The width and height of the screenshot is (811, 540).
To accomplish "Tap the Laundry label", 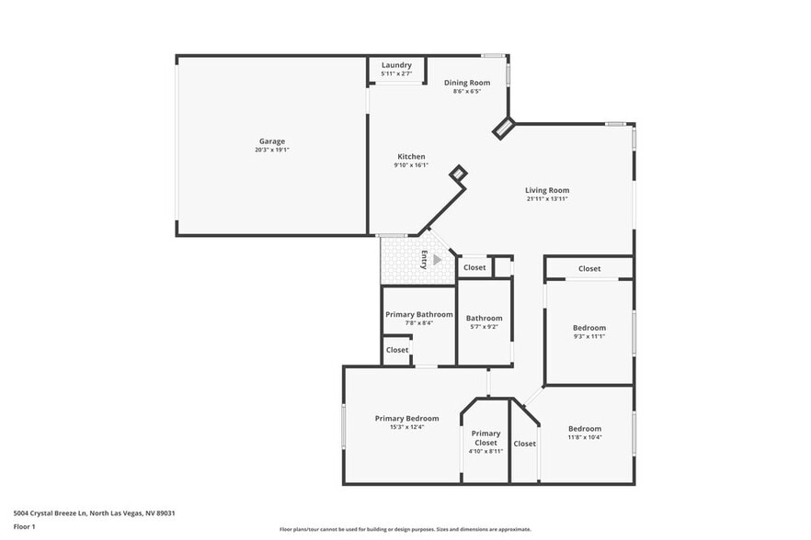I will tap(396, 65).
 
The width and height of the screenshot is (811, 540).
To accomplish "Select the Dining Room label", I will tap(467, 83).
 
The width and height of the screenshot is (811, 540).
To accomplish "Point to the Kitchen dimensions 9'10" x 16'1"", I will tap(411, 165).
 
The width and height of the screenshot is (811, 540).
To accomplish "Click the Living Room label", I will tap(547, 190).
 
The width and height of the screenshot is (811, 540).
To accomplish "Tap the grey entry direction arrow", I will tap(438, 260).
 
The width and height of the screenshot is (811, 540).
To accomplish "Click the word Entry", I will tap(425, 259).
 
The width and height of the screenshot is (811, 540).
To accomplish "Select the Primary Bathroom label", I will tap(418, 315).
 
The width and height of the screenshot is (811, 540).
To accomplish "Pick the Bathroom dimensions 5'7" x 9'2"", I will tap(485, 327).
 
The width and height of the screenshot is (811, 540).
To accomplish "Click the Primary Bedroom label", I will tap(406, 419).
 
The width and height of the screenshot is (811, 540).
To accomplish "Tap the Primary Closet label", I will tap(485, 438).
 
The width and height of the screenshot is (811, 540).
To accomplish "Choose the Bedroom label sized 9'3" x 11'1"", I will tap(589, 328).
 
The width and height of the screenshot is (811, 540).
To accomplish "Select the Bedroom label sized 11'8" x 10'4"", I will tap(585, 429).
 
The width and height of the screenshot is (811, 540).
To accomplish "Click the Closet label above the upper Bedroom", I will tap(589, 269).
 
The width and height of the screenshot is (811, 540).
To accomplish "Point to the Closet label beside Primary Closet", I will tap(525, 444).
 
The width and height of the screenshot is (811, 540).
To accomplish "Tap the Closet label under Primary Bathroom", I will tap(397, 350).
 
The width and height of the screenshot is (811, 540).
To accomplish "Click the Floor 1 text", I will tap(25, 526).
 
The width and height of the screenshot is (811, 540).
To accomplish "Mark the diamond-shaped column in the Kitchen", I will tap(458, 173).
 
